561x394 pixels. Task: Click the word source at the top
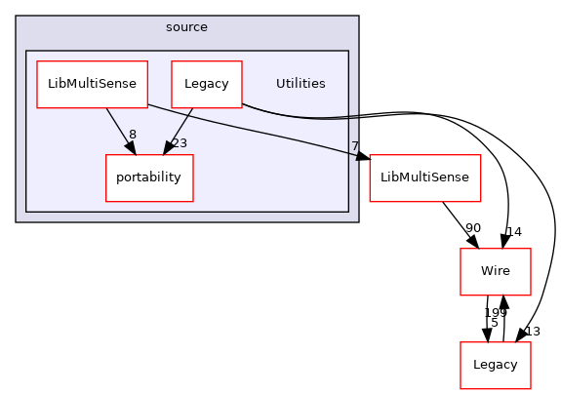pos(186,27)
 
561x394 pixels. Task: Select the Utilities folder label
pos(301,84)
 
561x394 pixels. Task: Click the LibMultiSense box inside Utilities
pos(92,84)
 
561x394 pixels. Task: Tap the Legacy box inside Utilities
pos(206,84)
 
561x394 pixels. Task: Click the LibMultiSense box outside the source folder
pos(424,178)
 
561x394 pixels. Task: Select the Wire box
pos(495,272)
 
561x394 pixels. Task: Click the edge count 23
pos(180,143)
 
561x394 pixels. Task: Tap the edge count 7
pos(356,146)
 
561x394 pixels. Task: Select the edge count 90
pos(472,228)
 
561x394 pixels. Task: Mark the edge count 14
pos(514,232)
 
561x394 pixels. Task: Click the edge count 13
pos(533,332)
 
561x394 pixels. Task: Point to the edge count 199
pos(496,312)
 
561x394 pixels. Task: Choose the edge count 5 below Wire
pos(495,323)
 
